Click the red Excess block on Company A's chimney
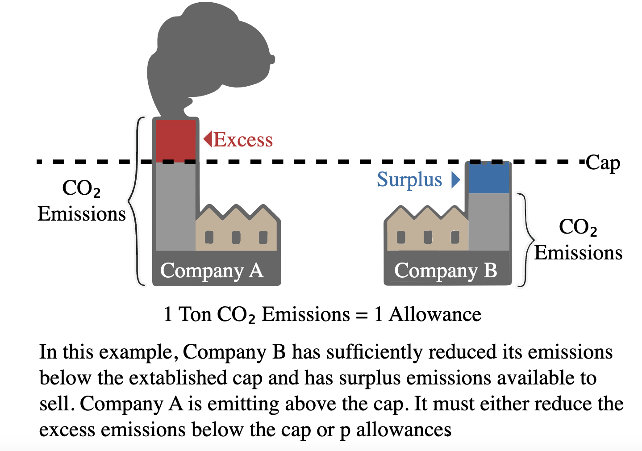pos(175,140)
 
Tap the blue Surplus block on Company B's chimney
pos(489,178)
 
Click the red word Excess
pos(243,140)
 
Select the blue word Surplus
pos(409,180)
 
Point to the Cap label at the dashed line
pos(603,163)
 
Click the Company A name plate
pos(212,271)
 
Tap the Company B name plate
pos(446,271)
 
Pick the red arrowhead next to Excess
pos(208,139)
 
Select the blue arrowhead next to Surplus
pos(455,180)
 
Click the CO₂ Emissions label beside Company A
pos(81,201)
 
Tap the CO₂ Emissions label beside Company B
pos(578,240)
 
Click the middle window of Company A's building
pos(236,237)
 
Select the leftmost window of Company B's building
pos(401,237)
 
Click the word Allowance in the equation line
pos(435,314)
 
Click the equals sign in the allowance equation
pos(362,315)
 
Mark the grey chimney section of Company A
pos(175,205)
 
